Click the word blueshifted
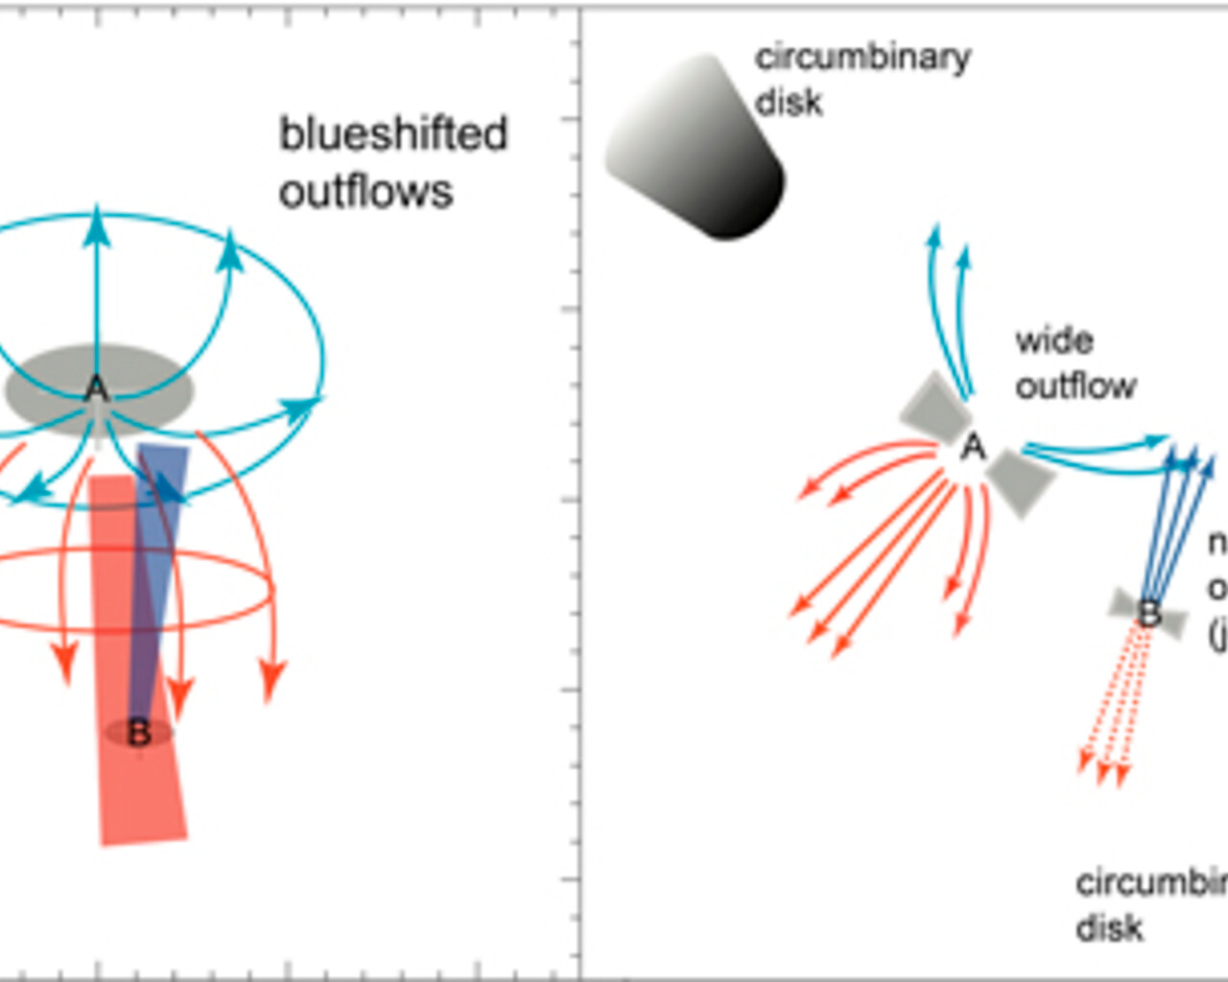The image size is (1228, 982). tap(392, 134)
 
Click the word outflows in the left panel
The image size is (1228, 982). tap(366, 192)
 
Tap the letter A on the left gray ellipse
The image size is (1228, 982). tap(96, 389)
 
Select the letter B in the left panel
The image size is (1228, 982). tap(139, 733)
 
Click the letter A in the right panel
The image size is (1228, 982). tap(973, 447)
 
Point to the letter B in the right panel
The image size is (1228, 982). tap(1148, 612)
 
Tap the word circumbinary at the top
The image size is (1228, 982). tap(862, 58)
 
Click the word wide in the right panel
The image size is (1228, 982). tap(1053, 340)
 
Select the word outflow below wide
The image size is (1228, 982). tap(1075, 386)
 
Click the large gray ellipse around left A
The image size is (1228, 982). tap(48, 388)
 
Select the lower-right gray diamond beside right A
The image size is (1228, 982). tap(1021, 481)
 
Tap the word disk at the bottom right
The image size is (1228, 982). tap(1109, 928)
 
